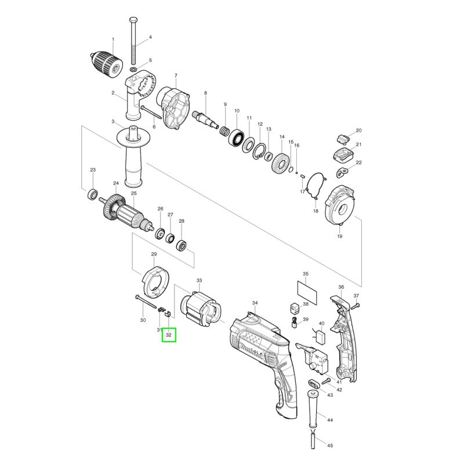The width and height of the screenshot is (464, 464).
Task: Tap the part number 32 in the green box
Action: tap(168, 335)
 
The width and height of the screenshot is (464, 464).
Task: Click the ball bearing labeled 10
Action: tap(237, 138)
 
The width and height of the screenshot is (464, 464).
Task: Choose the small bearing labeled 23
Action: tap(92, 194)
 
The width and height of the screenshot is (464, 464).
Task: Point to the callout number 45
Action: tap(330, 446)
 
